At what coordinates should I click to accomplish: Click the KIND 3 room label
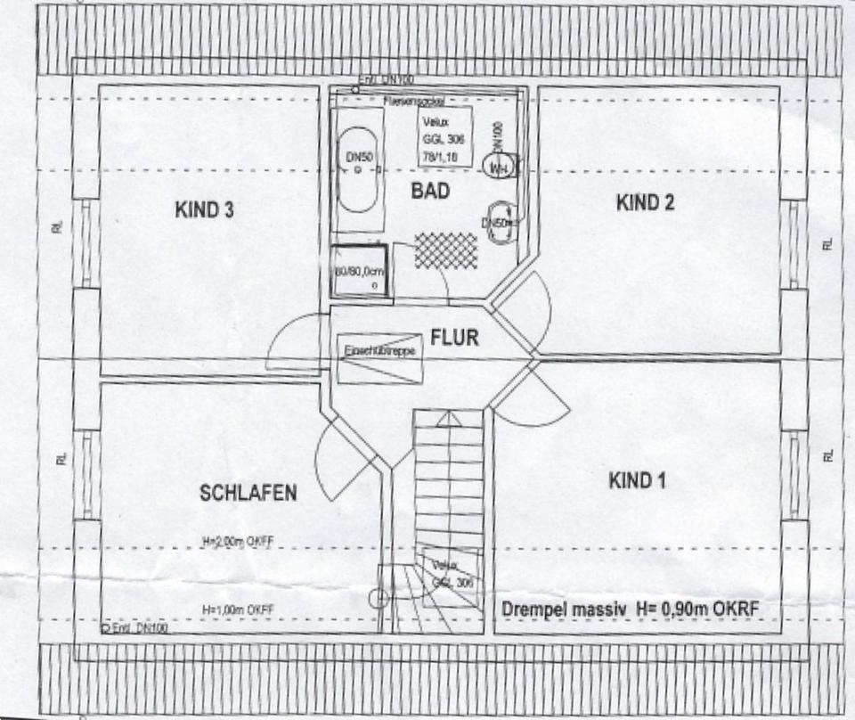[x=205, y=211]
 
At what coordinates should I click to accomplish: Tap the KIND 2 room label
[x=645, y=202]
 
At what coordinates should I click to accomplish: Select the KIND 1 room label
[x=637, y=481]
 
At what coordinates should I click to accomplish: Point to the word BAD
[x=430, y=191]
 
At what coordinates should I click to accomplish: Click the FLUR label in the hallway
[x=454, y=338]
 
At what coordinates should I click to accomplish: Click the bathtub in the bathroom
[x=357, y=169]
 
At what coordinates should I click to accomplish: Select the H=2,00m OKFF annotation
[x=236, y=541]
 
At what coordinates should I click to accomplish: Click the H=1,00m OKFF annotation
[x=236, y=609]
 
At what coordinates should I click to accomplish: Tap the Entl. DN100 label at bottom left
[x=134, y=628]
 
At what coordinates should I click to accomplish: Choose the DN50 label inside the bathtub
[x=356, y=157]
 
